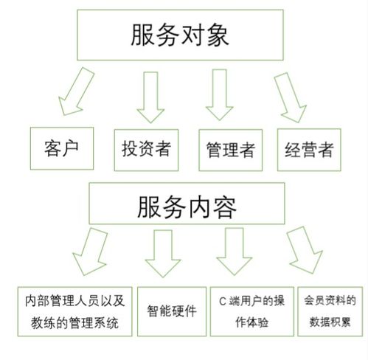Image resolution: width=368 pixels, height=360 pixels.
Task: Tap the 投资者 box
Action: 146,149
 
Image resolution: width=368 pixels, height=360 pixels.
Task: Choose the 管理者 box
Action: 231,150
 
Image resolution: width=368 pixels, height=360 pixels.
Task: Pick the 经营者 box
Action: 309,150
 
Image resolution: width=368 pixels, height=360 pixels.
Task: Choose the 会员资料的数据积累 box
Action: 330,311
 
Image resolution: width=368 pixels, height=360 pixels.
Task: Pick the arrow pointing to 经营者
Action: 289,94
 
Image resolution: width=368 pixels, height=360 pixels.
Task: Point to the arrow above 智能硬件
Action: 164,253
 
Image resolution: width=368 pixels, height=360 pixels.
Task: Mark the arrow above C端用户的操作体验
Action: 235,253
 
